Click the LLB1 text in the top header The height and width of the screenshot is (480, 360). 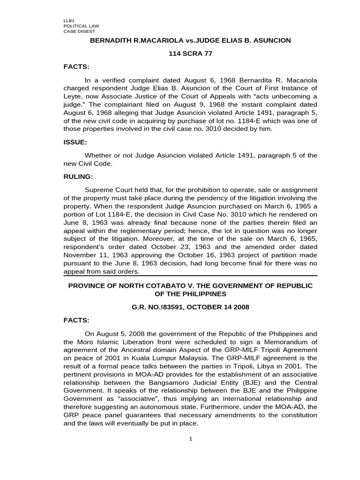click(x=68, y=21)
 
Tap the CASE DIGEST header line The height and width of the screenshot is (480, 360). click(x=78, y=31)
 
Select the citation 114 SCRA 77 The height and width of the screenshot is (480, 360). click(x=190, y=53)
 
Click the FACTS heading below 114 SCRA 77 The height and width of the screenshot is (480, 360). click(x=75, y=67)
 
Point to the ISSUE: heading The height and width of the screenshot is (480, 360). click(x=75, y=142)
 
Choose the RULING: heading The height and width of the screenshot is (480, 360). click(x=78, y=177)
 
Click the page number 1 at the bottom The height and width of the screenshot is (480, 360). click(x=190, y=439)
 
